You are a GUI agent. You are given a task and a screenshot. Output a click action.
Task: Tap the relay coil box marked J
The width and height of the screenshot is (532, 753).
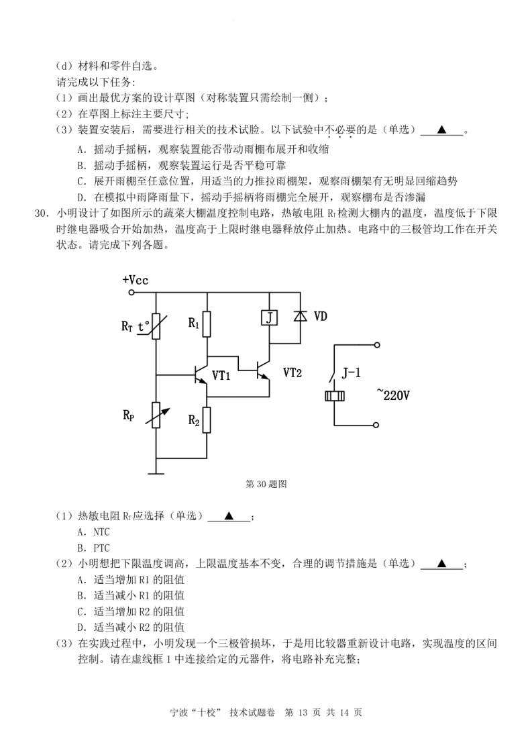[x=268, y=317]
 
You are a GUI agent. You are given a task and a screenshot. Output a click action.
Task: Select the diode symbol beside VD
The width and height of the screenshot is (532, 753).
[x=299, y=316]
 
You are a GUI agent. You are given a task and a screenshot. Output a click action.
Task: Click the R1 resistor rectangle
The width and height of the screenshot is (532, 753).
[x=207, y=325]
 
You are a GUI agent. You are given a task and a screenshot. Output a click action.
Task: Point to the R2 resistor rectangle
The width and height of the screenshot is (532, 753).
[x=207, y=420]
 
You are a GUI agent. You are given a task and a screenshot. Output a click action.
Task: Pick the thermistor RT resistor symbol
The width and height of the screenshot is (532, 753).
[x=156, y=326]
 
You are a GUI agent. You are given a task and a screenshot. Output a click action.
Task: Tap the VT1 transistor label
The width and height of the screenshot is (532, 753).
[x=221, y=376]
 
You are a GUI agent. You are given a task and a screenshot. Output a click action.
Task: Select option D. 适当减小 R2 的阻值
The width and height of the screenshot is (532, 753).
[x=131, y=627]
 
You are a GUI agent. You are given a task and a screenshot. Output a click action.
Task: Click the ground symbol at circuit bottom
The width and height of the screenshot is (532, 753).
[x=156, y=472]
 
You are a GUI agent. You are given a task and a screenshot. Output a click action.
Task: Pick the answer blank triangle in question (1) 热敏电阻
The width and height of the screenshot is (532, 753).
[x=229, y=516]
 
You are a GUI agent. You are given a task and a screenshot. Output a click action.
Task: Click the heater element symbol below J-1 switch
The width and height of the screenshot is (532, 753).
[x=333, y=396]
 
